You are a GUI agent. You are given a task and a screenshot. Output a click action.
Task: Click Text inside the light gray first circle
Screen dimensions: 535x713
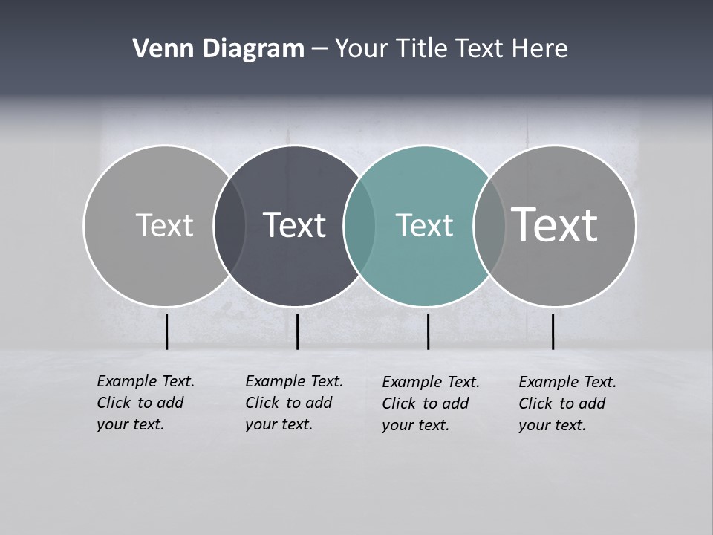[164, 225]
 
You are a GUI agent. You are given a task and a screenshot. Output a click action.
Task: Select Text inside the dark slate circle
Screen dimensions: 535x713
[294, 225]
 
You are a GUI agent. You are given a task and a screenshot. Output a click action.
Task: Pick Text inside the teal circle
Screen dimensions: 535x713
[424, 225]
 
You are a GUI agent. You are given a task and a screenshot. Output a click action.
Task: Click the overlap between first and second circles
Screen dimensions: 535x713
[229, 226]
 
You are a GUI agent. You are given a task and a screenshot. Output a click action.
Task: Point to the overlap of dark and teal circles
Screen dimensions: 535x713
[359, 226]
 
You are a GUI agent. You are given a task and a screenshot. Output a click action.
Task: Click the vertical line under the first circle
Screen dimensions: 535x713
[167, 331]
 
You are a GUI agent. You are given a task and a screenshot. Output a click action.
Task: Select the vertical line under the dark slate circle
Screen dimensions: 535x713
[297, 331]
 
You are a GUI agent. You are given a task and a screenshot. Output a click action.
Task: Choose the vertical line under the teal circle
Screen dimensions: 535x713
[428, 331]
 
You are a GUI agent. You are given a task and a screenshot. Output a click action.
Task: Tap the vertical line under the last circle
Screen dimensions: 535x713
[553, 331]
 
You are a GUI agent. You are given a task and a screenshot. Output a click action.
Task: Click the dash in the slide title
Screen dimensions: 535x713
[319, 50]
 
